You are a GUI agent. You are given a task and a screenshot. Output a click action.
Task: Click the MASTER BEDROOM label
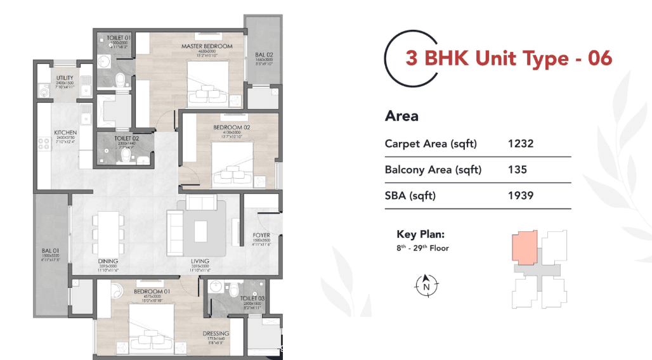pyautogui.click(x=207, y=46)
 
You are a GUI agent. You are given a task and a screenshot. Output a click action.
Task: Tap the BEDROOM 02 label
pyautogui.click(x=231, y=127)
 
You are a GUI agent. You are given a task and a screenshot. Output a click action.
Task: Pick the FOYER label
pyautogui.click(x=261, y=235)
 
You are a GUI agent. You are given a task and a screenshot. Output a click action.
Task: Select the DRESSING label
pyautogui.click(x=216, y=333)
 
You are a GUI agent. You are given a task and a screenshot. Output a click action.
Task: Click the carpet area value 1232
pyautogui.click(x=521, y=144)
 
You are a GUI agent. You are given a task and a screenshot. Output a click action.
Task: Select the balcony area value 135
pyautogui.click(x=518, y=170)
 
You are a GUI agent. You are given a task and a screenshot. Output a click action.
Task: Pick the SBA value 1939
pyautogui.click(x=521, y=196)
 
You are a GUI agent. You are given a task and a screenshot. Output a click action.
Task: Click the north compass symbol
pyautogui.click(x=426, y=284)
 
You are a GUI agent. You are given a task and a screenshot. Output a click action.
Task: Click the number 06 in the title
pyautogui.click(x=599, y=58)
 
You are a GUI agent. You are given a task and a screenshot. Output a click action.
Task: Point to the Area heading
pyautogui.click(x=401, y=116)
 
